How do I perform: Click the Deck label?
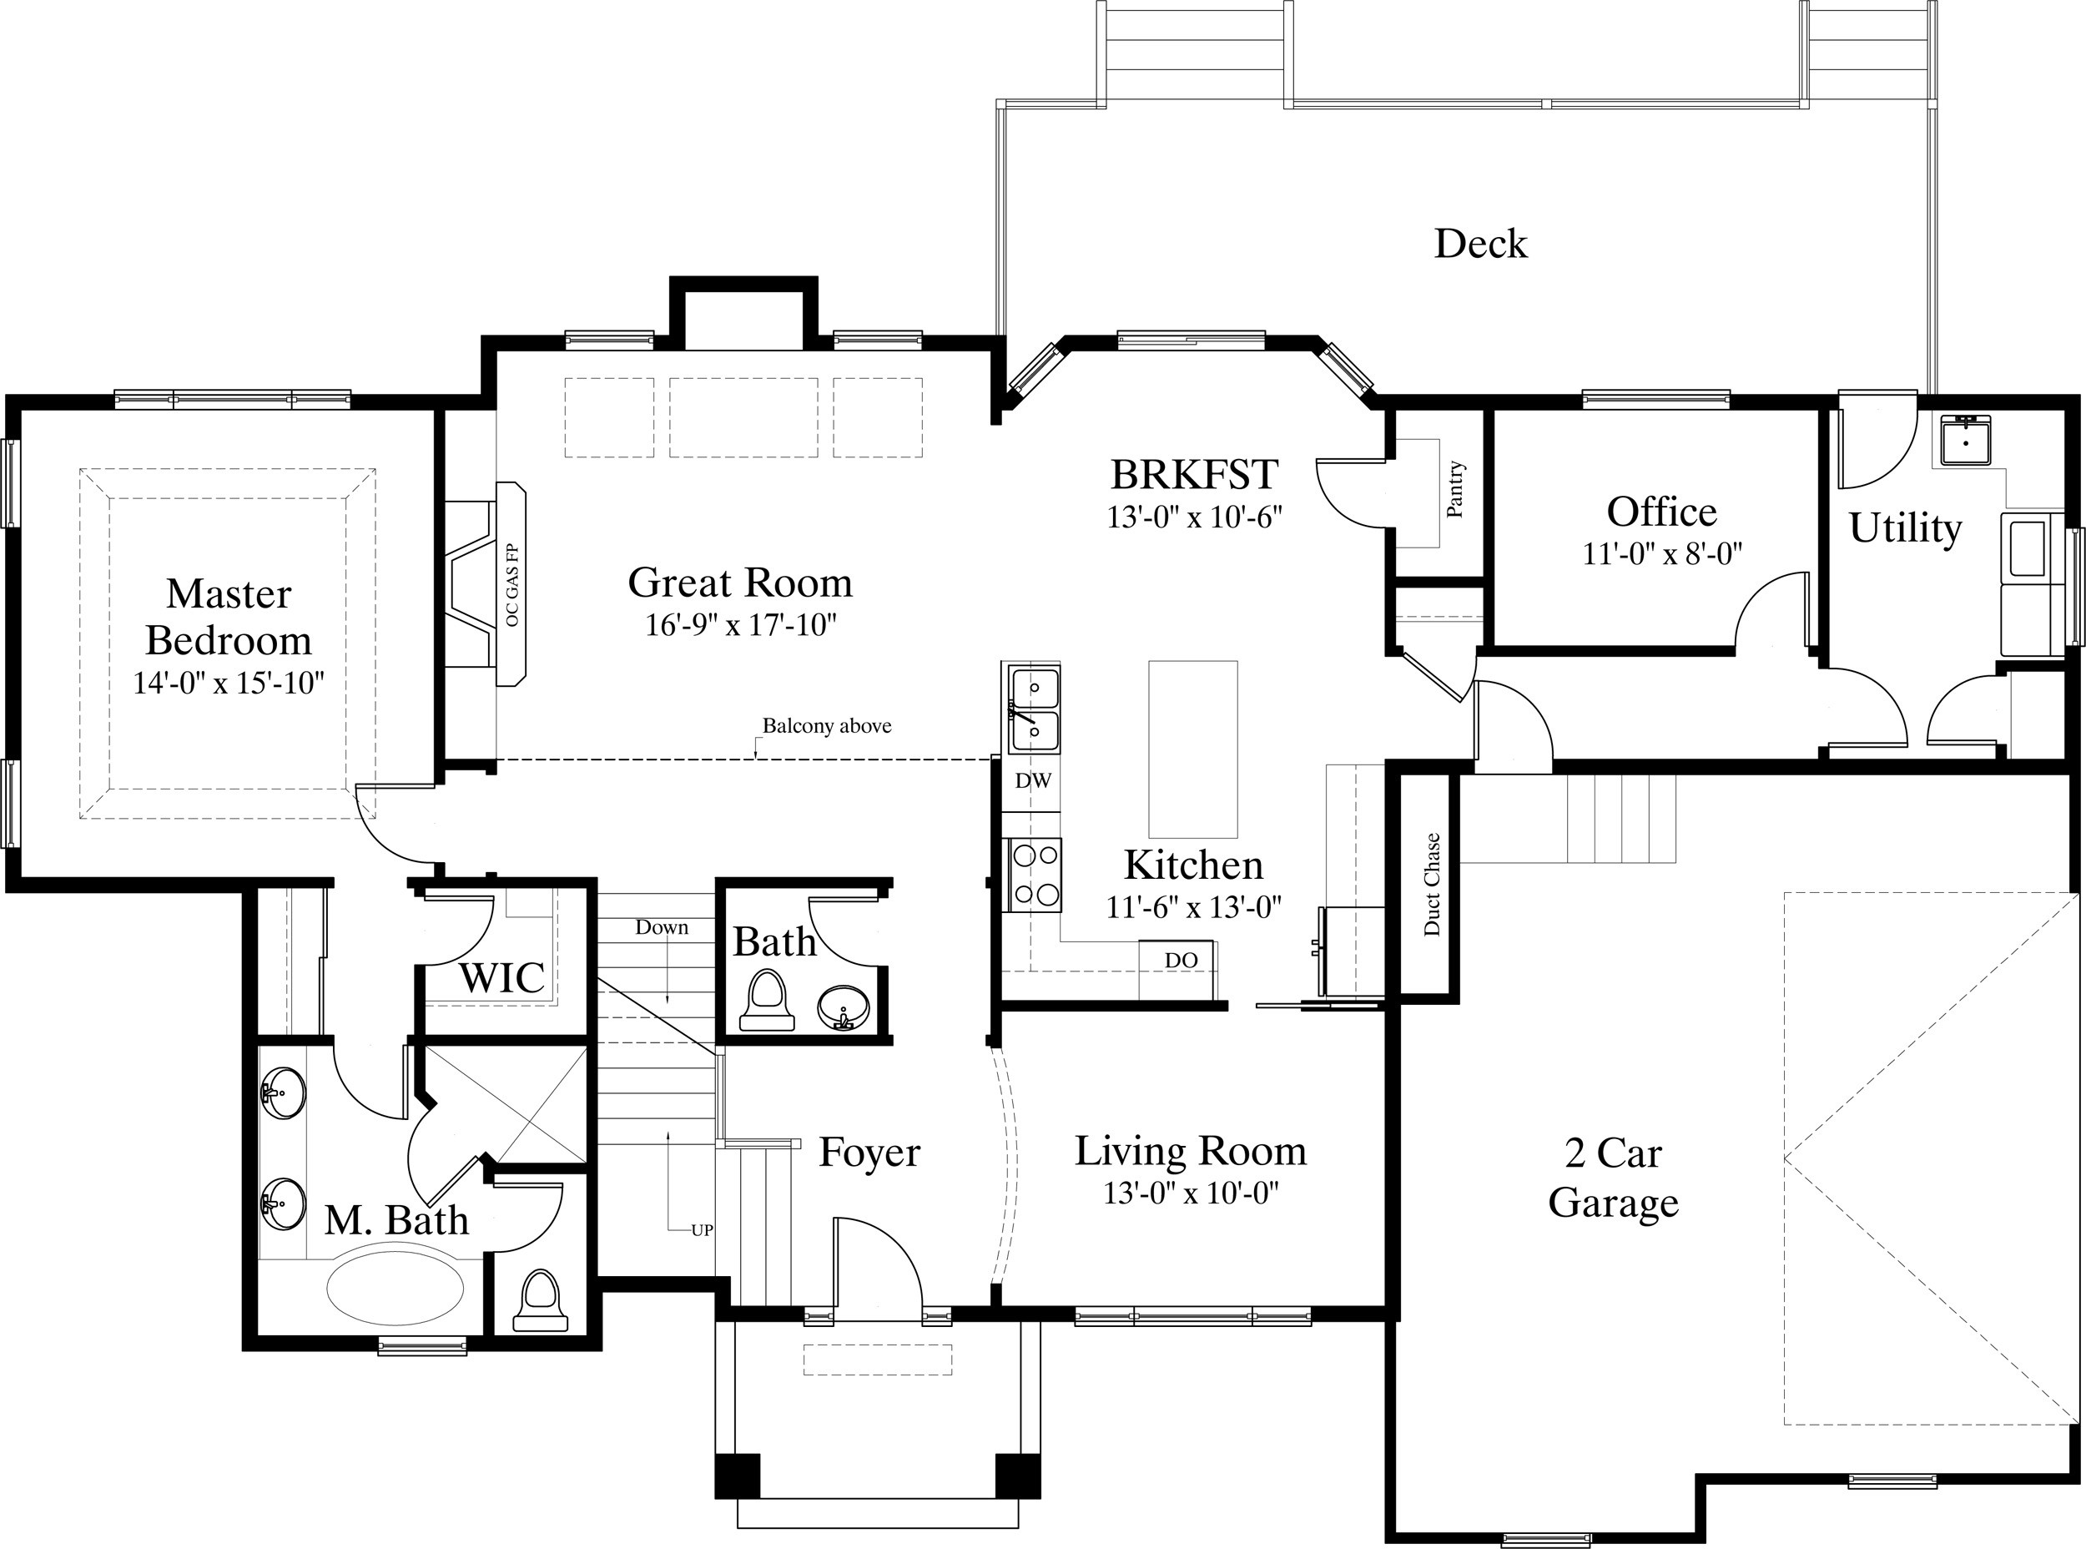pos(1480,244)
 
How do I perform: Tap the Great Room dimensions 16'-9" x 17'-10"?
pos(740,624)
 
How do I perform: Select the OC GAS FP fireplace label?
pos(511,585)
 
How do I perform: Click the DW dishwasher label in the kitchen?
pos(1032,780)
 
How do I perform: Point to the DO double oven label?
pos(1181,960)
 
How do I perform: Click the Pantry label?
pos(1454,489)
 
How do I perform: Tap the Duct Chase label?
pos(1431,884)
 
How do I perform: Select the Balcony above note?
pos(826,726)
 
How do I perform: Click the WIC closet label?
pos(501,978)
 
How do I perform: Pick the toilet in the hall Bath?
pos(767,1002)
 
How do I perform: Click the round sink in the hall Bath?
pos(843,1009)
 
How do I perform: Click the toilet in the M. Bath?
pos(540,1300)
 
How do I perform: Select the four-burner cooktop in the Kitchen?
pos(1034,875)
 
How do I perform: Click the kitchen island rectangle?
pos(1192,749)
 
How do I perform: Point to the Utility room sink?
pos(1966,441)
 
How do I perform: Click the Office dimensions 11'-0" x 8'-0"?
pos(1662,554)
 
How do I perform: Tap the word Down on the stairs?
pos(662,927)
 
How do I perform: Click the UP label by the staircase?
pos(703,1230)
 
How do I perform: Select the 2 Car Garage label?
pos(1613,1178)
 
